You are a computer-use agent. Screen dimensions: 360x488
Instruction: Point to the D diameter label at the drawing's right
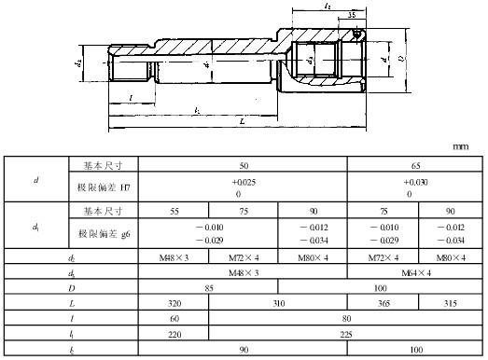(403, 66)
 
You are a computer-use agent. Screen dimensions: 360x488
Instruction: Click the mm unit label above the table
(460, 146)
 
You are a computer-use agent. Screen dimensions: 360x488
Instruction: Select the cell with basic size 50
(243, 163)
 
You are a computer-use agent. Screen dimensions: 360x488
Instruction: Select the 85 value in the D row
(243, 288)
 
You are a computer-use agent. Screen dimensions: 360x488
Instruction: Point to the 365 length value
(383, 304)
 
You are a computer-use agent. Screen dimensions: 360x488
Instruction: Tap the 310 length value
(277, 304)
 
